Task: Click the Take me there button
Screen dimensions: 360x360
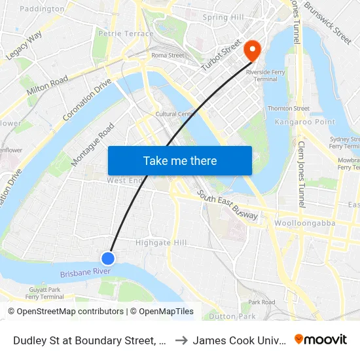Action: click(x=180, y=160)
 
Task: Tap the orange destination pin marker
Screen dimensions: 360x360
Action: click(x=251, y=49)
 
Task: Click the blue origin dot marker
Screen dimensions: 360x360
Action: click(x=109, y=259)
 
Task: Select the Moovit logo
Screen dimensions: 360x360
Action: click(x=321, y=339)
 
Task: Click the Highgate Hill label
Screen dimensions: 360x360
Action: click(x=161, y=243)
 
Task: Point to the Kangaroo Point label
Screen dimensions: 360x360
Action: click(x=304, y=122)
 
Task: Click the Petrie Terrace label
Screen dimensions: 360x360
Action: click(x=126, y=33)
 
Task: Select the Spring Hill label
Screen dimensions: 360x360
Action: click(x=223, y=17)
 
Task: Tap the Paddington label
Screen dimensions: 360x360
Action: click(x=43, y=9)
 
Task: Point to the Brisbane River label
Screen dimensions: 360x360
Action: click(x=85, y=272)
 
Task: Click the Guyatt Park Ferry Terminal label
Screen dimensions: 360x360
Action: click(x=45, y=293)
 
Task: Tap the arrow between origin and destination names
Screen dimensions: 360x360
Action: click(x=181, y=340)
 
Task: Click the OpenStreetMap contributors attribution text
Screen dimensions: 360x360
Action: click(x=69, y=312)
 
